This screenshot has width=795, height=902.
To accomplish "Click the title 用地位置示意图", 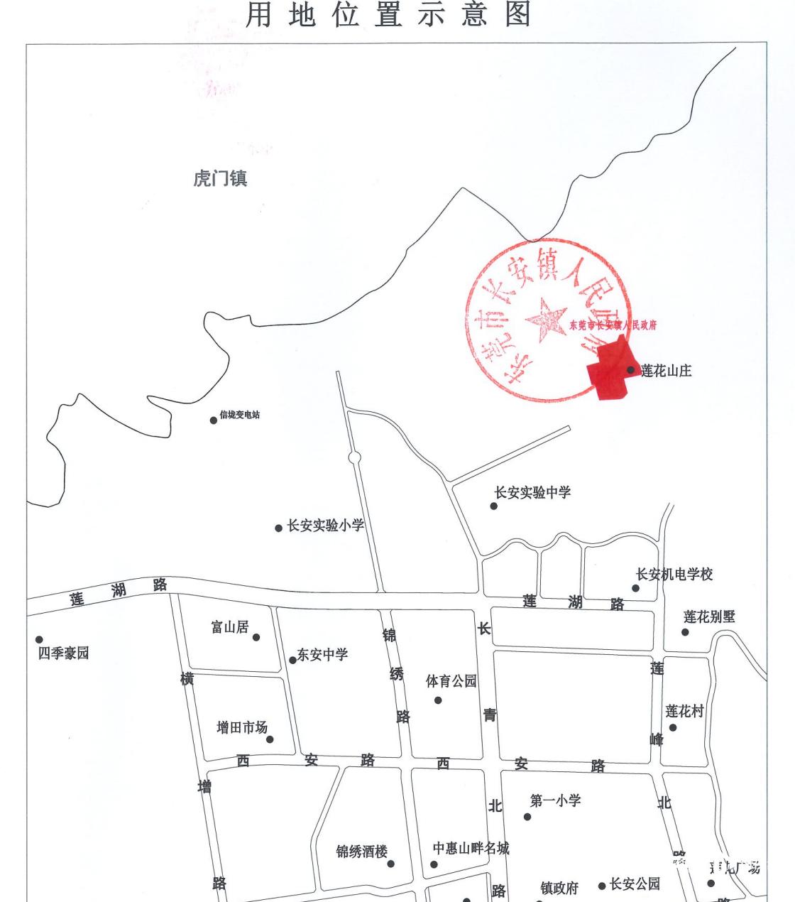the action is [x=389, y=15].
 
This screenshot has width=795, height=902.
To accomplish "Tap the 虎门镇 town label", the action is [x=220, y=178].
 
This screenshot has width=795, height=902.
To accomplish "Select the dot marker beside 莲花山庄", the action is [x=630, y=370].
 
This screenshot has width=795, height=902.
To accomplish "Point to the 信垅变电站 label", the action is [x=240, y=415].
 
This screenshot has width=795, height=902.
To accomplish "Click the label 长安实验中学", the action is [x=532, y=492].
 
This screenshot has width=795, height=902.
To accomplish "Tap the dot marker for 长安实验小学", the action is [x=279, y=528].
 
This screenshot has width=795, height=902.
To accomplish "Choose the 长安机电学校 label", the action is [x=674, y=574].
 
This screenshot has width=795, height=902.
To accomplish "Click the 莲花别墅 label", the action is [x=709, y=616].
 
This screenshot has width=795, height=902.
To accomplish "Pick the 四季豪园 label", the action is [x=63, y=653].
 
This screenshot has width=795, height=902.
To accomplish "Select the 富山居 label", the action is [x=230, y=626].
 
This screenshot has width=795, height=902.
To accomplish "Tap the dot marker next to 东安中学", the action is [x=292, y=661].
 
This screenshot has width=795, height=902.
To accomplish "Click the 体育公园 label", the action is [x=451, y=681].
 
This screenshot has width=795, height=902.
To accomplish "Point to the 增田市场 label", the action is [x=242, y=727].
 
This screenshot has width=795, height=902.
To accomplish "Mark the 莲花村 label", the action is [x=684, y=711].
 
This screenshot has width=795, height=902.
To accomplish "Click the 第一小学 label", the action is [x=555, y=800].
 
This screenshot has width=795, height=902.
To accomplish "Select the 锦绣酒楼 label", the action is [x=362, y=851].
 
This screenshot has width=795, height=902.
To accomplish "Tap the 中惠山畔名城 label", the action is [x=471, y=848].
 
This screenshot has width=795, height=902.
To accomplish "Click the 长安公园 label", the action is [x=635, y=884].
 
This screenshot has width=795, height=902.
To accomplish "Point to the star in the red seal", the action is [x=546, y=319].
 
